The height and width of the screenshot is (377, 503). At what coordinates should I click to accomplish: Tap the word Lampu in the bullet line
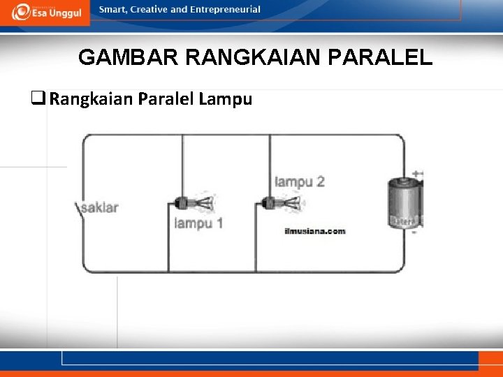click(x=225, y=99)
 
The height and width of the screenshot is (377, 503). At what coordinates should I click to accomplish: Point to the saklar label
click(x=100, y=207)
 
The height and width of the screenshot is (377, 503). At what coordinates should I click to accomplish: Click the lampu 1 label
click(x=198, y=223)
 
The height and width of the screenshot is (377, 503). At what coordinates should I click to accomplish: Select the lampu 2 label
click(x=299, y=182)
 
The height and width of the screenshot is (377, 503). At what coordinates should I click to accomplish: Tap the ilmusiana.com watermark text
click(x=314, y=231)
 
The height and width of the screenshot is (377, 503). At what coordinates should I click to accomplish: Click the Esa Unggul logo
click(x=47, y=12)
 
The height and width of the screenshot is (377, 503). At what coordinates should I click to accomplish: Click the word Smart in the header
click(x=112, y=10)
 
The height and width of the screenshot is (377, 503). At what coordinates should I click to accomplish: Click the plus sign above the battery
click(x=417, y=174)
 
